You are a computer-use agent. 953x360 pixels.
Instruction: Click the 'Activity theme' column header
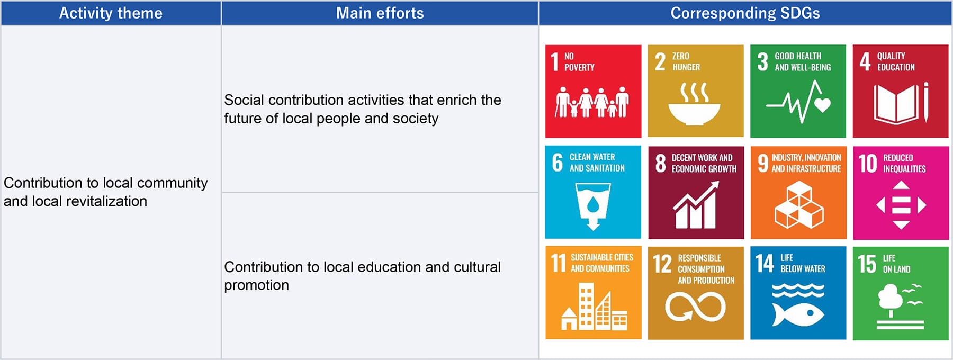tap(111, 13)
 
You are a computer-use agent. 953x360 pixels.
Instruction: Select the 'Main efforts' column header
tap(380, 13)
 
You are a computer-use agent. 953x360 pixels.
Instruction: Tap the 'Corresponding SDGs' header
tap(745, 13)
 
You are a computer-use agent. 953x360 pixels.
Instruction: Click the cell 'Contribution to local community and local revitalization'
tap(105, 192)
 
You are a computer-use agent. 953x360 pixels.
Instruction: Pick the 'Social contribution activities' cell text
tap(362, 109)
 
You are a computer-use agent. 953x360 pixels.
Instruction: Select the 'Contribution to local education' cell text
tap(362, 276)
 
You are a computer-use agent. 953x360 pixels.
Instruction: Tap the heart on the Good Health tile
tap(822, 105)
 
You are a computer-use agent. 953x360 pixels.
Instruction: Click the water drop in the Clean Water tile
tap(593, 203)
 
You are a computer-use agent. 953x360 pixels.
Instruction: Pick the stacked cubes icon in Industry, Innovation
tap(799, 205)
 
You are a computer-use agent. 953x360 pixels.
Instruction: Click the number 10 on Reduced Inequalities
tap(868, 164)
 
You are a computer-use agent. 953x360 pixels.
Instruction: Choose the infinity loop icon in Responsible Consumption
tap(695, 307)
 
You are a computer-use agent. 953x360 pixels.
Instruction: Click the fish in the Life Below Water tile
tap(798, 314)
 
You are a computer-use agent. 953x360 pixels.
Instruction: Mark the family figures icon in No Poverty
tap(592, 102)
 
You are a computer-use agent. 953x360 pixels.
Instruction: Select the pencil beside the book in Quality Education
tap(925, 102)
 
